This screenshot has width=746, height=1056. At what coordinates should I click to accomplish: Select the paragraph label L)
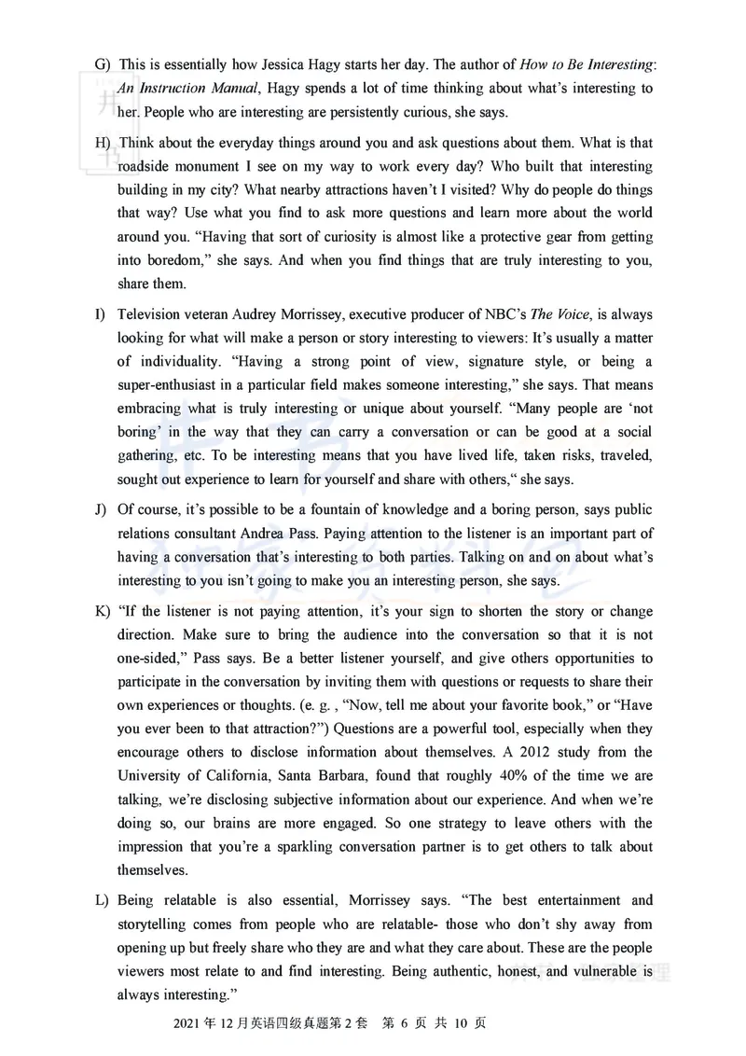102,900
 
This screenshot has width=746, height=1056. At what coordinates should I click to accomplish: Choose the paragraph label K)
103,611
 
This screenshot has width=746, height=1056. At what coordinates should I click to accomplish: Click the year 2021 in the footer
188,1022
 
